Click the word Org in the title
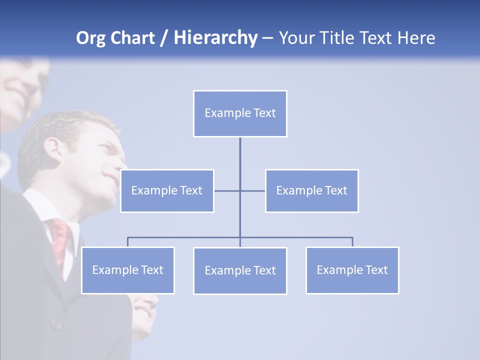click(91, 38)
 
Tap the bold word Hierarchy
click(215, 38)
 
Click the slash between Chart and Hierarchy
click(163, 38)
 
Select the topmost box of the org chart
click(240, 113)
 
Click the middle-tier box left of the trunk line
click(167, 190)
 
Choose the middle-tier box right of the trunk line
click(311, 190)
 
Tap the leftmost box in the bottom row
click(127, 270)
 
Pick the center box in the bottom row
click(240, 270)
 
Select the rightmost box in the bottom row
click(352, 270)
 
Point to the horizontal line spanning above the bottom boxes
click(300, 237)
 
